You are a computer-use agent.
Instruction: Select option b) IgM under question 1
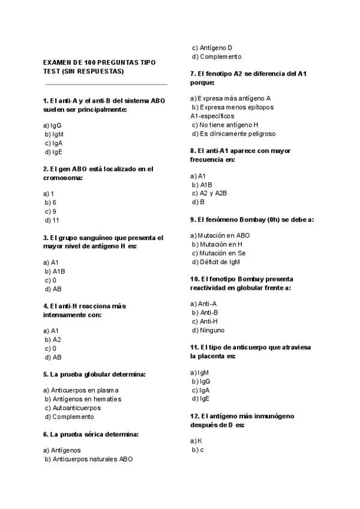54,134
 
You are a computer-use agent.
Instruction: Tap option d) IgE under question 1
53,152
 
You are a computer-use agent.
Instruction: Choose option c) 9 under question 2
51,211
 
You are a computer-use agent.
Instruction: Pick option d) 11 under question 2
53,220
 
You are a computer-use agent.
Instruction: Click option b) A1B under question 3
55,271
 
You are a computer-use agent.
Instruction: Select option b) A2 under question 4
53,339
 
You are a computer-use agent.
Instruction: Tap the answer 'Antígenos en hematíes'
86,399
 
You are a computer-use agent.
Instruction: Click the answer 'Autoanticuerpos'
77,408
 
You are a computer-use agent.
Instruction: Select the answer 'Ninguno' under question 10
212,330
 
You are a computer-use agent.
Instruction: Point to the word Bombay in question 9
251,220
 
